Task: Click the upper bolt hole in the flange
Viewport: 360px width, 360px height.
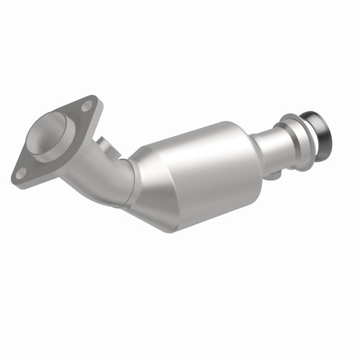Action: [x=86, y=106]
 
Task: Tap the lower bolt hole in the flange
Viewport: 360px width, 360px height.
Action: [x=22, y=171]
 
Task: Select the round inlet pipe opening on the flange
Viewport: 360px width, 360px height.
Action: [x=48, y=135]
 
